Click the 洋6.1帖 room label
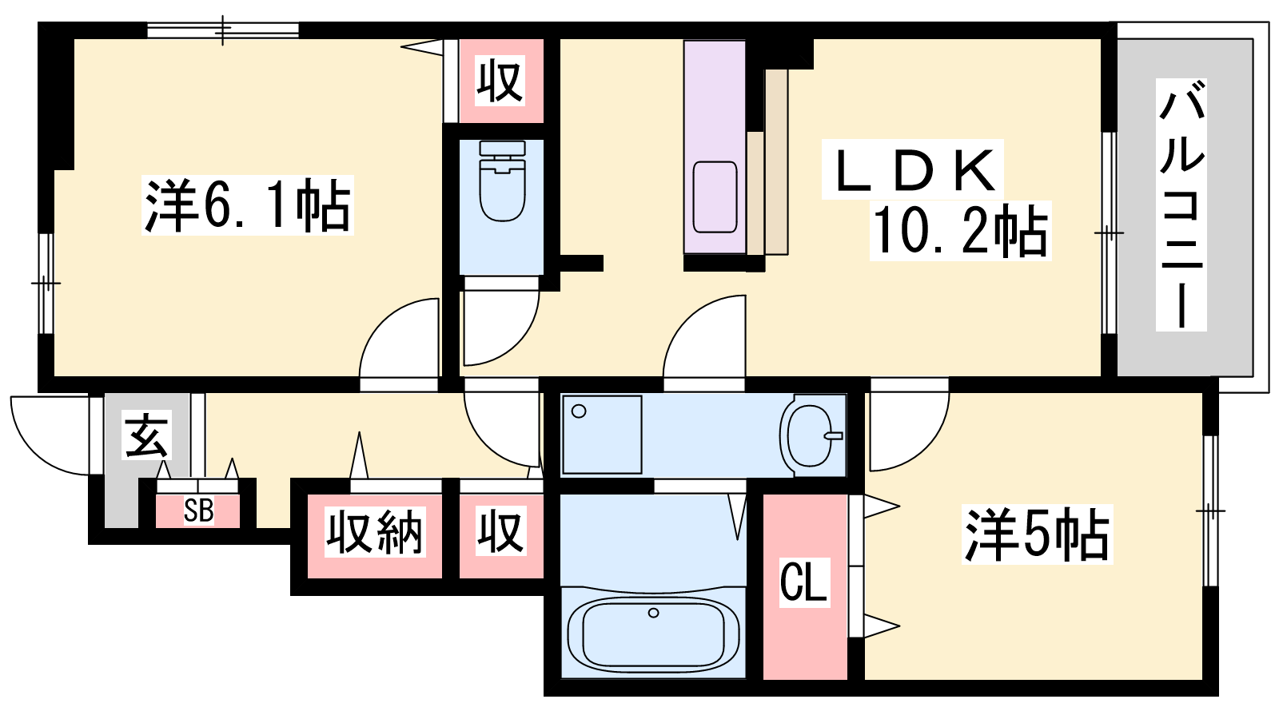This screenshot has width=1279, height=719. point(247,205)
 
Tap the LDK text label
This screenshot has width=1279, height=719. point(913,170)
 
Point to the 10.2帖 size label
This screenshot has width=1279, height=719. point(960,231)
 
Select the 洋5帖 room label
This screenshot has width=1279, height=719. point(1037,534)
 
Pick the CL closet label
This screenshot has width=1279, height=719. point(804,582)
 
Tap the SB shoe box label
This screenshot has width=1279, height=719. point(199,510)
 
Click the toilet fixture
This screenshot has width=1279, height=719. point(503,181)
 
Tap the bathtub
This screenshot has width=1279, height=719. point(653,634)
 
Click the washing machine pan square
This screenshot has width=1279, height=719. point(602,435)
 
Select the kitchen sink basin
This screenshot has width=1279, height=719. point(715,197)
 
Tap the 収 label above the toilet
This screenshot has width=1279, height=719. point(500,81)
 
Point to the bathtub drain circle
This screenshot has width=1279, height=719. point(654,613)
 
